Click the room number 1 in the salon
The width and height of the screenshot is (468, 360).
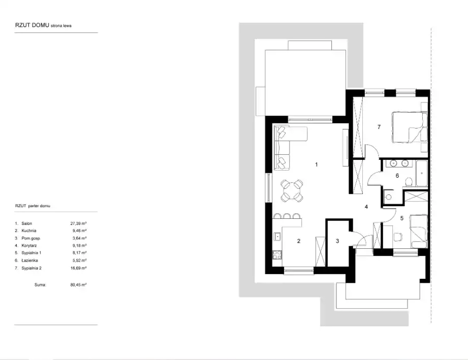317,165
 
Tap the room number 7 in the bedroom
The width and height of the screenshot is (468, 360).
379,127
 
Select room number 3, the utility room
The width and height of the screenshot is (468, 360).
337,241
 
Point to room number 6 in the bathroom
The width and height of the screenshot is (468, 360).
397,176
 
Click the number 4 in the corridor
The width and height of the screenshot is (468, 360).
366,207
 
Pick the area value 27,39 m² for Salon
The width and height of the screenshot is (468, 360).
78,223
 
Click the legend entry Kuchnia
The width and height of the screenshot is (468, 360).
28,231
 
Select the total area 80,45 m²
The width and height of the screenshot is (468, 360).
78,285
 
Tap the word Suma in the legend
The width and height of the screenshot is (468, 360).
40,285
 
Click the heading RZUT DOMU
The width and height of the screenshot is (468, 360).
32,25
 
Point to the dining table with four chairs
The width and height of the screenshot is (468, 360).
292,190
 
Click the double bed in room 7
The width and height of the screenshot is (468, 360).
409,127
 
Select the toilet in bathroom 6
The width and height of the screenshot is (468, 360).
409,182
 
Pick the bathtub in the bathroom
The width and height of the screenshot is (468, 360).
421,174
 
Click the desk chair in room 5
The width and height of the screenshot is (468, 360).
398,237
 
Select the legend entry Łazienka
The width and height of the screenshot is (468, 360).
29,260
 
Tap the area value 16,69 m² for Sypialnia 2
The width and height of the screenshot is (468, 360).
78,268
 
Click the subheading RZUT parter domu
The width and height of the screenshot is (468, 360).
33,206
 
